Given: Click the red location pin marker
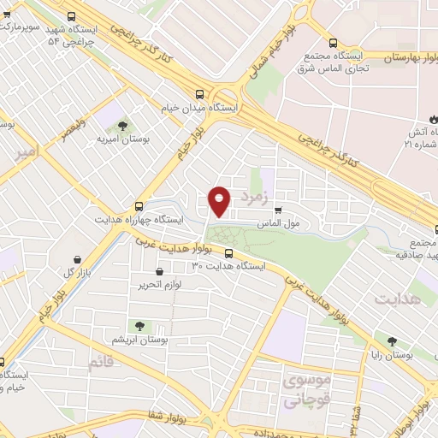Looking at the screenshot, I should pyautogui.click(x=220, y=200).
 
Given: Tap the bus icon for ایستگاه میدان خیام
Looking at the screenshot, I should pyautogui.click(x=199, y=95).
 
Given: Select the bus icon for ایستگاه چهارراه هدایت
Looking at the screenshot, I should pyautogui.click(x=139, y=206).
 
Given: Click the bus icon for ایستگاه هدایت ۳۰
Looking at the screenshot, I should pyautogui.click(x=229, y=252).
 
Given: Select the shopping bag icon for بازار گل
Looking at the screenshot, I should pyautogui.click(x=79, y=258).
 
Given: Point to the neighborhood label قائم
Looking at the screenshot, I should pyautogui.click(x=99, y=363).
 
